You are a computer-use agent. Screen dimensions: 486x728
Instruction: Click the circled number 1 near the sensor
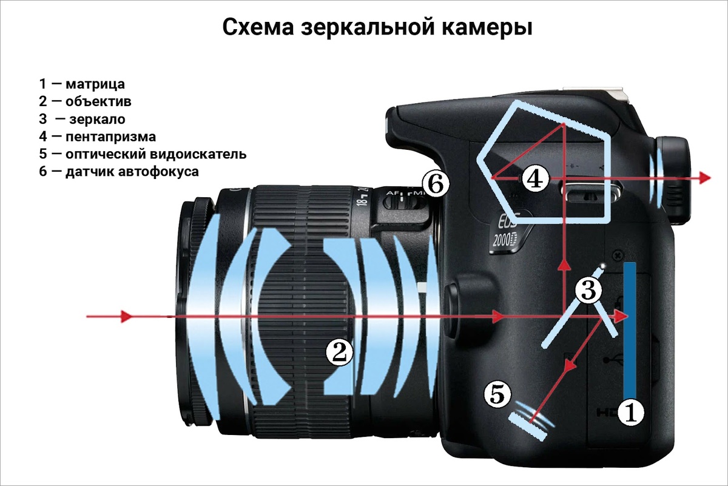(631, 413)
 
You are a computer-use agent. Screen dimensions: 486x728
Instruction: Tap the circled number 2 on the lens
(339, 352)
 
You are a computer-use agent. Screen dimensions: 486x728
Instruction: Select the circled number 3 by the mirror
(588, 290)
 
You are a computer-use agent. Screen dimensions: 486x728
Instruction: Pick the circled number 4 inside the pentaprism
(535, 178)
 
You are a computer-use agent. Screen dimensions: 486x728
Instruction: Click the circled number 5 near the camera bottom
(497, 395)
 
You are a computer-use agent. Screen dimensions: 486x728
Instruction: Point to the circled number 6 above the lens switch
(436, 183)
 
